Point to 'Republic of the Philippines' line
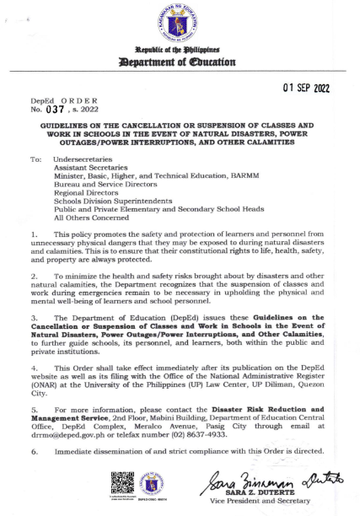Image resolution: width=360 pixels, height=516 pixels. (x=180, y=51)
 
